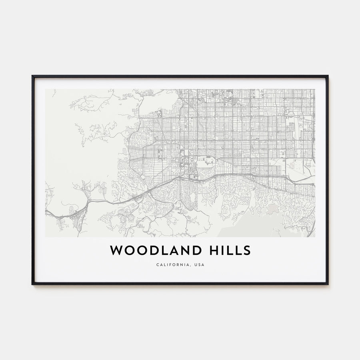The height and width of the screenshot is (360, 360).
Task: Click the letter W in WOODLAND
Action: pos(116,250)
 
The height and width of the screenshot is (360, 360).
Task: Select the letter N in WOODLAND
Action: pos(185,250)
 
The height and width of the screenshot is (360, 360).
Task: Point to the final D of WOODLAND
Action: pos(197,250)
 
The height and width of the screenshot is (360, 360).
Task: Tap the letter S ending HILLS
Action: pos(246,250)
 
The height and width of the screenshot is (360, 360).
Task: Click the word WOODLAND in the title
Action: pos(156,250)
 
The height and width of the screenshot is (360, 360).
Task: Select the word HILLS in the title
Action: pos(231,250)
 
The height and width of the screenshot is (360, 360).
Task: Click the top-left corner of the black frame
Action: pos(32,76)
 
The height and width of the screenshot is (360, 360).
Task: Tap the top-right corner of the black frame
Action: pos(328,76)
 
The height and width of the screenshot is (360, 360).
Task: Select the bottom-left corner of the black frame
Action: pos(32,284)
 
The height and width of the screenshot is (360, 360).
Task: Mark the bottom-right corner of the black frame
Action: pos(328,284)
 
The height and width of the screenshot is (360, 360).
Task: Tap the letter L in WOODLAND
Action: pos(163,250)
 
